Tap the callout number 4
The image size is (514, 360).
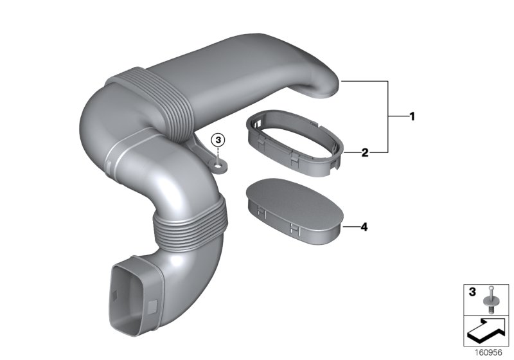(364, 227)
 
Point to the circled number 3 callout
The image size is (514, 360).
(218, 139)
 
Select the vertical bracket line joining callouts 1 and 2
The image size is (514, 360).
(388, 116)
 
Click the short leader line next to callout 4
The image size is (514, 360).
(350, 227)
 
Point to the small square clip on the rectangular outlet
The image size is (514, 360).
(155, 303)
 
